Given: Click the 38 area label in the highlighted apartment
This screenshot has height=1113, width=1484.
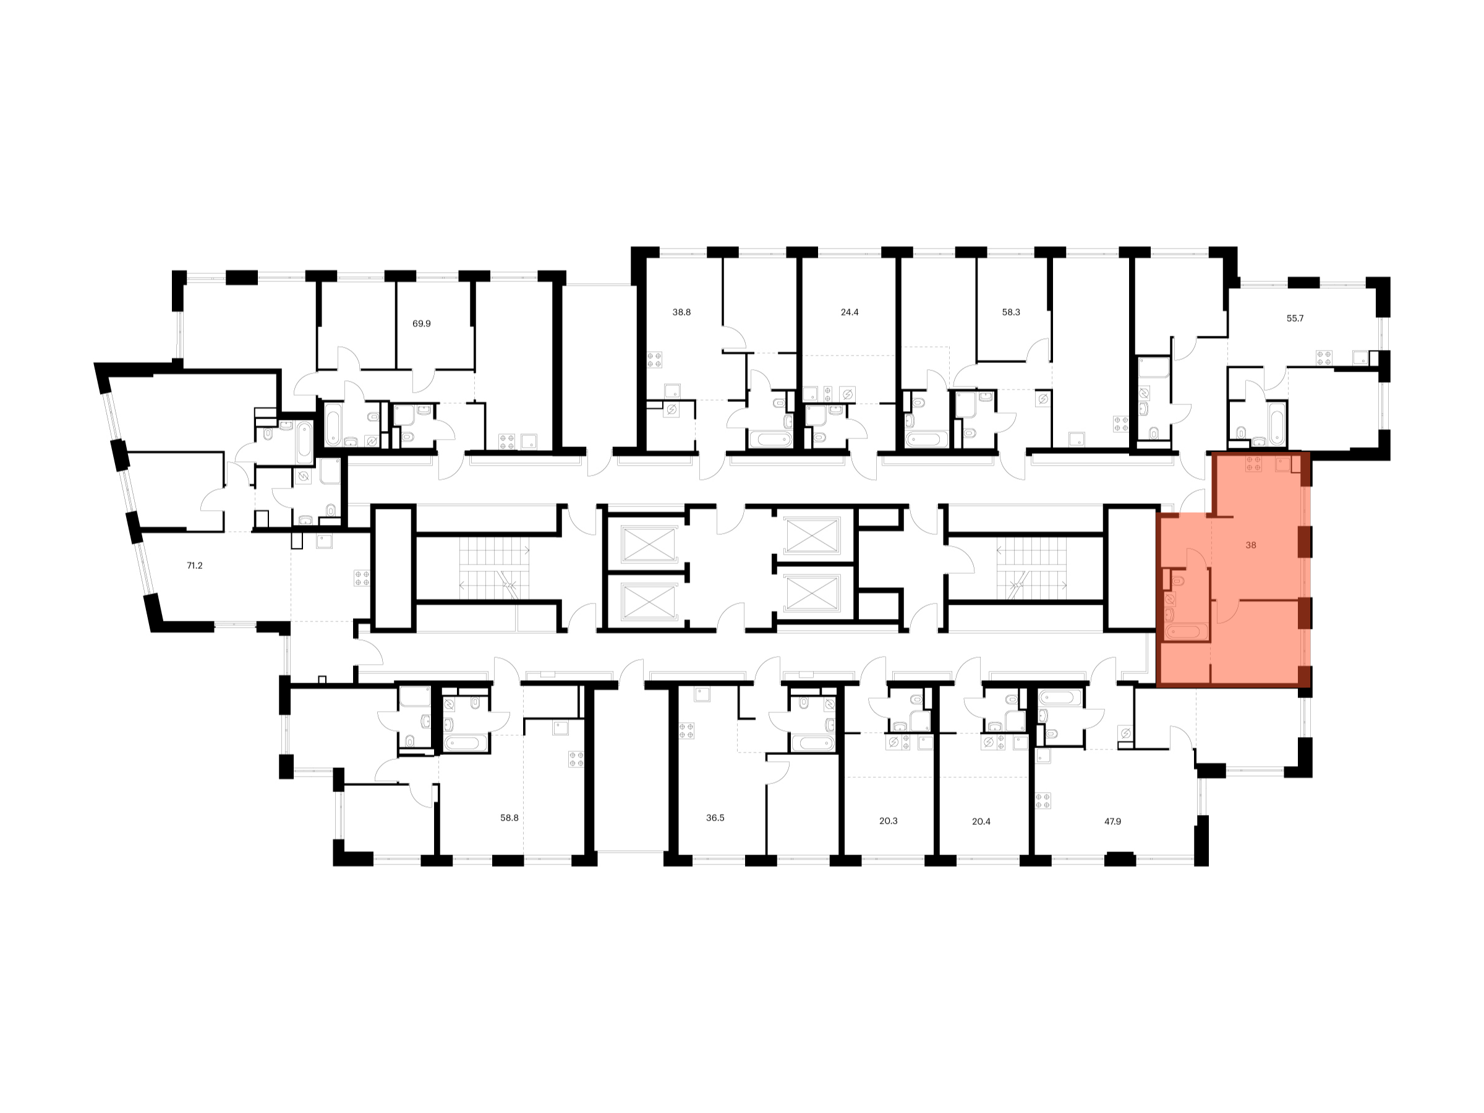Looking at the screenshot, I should (x=1250, y=545).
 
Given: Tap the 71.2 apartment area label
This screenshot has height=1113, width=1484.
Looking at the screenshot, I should (x=195, y=566).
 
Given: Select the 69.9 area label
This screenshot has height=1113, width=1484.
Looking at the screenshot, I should (x=421, y=323).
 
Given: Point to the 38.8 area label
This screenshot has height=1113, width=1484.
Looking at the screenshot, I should (x=681, y=312).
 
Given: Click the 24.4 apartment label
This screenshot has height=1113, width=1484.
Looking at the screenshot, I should (x=850, y=312).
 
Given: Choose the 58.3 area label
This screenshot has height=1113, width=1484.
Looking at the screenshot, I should (x=1011, y=312).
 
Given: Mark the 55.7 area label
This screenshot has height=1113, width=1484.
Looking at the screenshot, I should (x=1295, y=318).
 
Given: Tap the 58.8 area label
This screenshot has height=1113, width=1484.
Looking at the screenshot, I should (x=510, y=818).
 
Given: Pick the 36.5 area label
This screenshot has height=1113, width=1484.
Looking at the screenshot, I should (x=715, y=818).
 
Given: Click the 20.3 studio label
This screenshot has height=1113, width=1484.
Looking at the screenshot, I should (x=889, y=821).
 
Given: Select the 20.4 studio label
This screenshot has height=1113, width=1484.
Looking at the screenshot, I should (x=981, y=821).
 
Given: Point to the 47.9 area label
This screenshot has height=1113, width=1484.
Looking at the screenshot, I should (x=1112, y=821).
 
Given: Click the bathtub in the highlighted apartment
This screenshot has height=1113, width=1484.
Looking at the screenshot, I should (x=1186, y=631).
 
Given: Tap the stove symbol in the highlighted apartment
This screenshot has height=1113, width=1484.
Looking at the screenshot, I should (x=1254, y=464).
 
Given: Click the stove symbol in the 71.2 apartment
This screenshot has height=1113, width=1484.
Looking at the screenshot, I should (x=362, y=578).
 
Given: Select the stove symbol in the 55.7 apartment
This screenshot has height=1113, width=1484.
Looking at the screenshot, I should (x=1324, y=357).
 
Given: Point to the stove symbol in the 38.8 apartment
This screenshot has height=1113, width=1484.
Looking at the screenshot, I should (x=655, y=360).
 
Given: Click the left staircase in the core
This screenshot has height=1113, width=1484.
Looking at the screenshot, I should (x=495, y=568).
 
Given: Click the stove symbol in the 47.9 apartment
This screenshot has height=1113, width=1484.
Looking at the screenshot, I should (x=1043, y=801).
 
